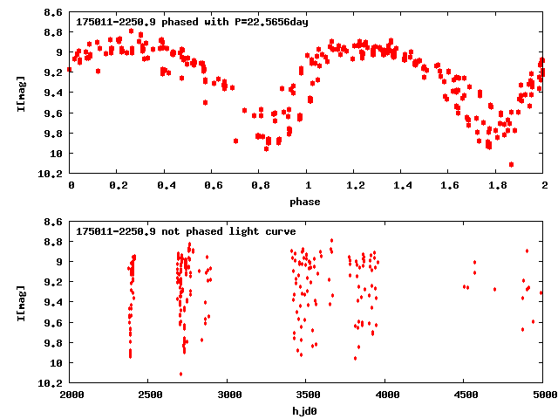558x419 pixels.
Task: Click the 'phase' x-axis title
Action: [305, 202]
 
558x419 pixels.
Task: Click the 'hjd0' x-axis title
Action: [305, 411]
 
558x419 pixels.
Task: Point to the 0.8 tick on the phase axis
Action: [259, 185]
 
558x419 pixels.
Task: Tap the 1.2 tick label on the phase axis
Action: [354, 185]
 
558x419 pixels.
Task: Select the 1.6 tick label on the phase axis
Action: [449, 185]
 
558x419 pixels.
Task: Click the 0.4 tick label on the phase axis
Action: [164, 185]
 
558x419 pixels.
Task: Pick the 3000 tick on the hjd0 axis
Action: [228, 395]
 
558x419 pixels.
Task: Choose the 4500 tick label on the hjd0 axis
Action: [463, 395]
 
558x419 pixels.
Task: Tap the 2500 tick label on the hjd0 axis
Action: [149, 395]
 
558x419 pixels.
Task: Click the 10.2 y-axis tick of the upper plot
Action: [51, 174]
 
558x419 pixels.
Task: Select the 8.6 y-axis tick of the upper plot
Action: [51, 13]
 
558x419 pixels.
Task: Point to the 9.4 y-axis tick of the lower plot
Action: [51, 302]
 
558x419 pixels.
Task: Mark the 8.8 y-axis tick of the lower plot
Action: [51, 242]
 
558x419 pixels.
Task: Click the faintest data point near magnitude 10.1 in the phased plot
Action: [511, 164]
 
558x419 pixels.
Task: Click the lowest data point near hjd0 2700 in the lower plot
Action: [180, 374]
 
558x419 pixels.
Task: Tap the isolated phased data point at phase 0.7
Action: [235, 141]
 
